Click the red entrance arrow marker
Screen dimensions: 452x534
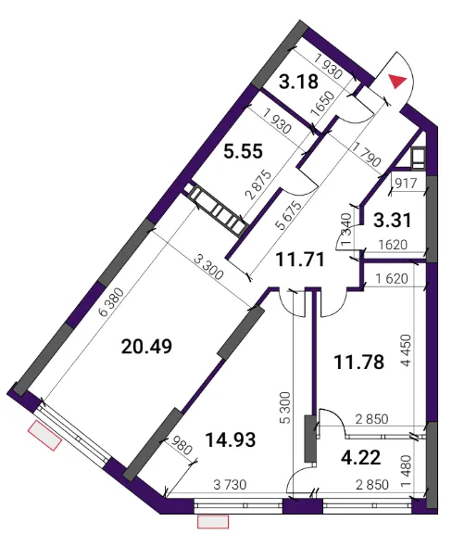click(397, 82)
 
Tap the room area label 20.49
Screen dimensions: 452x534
click(146, 347)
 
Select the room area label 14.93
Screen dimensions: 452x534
click(231, 439)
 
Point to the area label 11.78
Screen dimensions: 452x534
click(359, 362)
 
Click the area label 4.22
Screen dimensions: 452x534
click(361, 457)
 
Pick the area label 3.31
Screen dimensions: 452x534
click(393, 220)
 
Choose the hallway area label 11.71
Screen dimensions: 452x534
click(300, 260)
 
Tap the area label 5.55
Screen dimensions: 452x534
click(243, 151)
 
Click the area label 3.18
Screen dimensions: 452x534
click(298, 83)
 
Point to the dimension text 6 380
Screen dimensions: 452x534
click(111, 303)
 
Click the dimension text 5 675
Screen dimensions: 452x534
click(289, 216)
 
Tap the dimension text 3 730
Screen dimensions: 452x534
click(230, 484)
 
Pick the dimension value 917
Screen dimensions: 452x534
click(406, 184)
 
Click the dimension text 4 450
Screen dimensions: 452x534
click(407, 350)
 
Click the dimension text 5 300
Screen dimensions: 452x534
click(285, 408)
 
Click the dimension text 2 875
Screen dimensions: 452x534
click(259, 184)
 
